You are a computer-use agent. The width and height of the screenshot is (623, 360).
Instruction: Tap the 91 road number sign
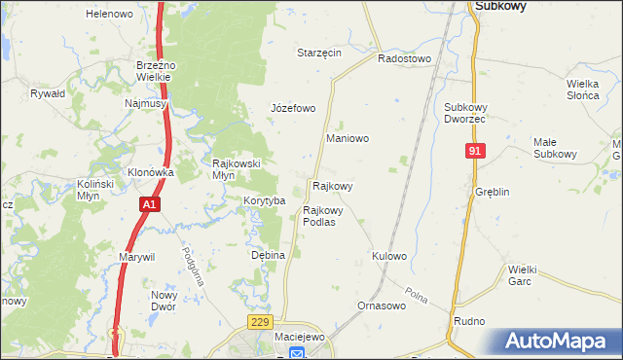[475, 151]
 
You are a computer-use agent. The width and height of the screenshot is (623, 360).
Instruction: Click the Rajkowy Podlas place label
[319, 215]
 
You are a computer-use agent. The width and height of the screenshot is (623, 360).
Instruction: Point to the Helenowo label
[109, 14]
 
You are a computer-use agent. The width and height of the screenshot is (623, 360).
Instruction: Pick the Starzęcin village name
[319, 53]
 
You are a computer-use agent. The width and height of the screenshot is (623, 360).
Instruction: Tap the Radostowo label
[404, 58]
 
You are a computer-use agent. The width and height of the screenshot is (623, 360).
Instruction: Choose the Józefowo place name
[293, 108]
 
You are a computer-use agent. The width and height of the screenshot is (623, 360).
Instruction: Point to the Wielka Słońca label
[588, 89]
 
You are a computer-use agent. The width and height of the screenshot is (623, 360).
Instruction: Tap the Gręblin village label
[493, 192]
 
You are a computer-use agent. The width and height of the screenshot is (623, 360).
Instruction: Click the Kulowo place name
[388, 256]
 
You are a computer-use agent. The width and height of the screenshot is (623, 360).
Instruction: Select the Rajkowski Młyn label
[237, 169]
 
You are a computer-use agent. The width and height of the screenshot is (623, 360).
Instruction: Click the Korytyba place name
[264, 200]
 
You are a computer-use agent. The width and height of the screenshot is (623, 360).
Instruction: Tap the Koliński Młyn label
[96, 189]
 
